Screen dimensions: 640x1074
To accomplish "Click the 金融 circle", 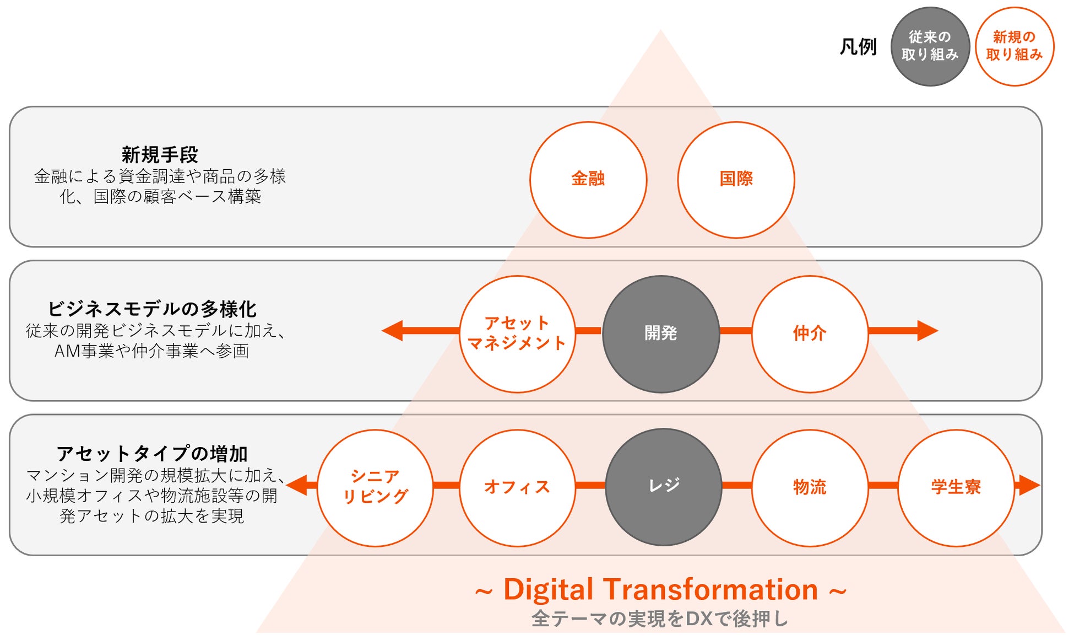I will click(588, 180).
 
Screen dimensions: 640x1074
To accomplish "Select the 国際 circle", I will click(736, 180).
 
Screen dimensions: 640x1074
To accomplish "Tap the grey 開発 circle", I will click(661, 334).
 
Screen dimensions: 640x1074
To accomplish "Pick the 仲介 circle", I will click(810, 334).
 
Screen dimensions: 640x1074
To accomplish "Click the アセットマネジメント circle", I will click(517, 334).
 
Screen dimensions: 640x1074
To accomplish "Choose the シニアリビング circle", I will click(375, 487).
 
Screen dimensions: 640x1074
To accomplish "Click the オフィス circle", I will click(517, 487).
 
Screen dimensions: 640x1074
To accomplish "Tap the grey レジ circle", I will click(664, 487).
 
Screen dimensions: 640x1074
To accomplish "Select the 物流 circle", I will click(810, 487).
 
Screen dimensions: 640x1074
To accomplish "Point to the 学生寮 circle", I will click(956, 487).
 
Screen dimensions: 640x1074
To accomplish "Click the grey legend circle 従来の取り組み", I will click(930, 46).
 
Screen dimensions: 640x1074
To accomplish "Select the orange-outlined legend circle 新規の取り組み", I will click(1015, 46).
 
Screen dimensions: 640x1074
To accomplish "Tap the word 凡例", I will click(858, 47).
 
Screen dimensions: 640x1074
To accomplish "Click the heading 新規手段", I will click(160, 155).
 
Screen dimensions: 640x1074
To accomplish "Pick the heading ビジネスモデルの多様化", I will click(152, 309).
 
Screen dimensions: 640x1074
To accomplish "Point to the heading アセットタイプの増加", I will click(152, 454).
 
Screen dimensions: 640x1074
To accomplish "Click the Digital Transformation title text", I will click(660, 589).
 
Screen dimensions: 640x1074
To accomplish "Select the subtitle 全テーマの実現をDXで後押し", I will click(660, 619).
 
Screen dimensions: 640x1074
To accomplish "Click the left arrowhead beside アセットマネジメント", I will click(393, 331).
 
